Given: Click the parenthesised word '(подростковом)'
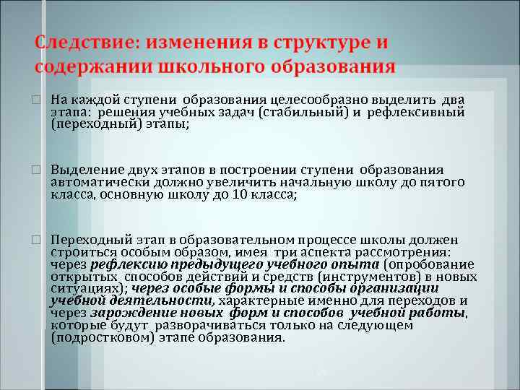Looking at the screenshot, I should click(103, 337).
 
